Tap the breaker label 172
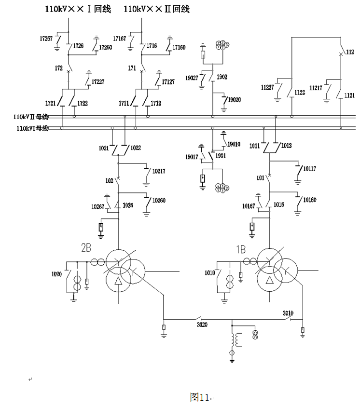(59, 68)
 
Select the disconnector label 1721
(51, 104)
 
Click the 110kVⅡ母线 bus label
(32, 117)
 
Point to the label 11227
(267, 87)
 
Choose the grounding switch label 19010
(234, 144)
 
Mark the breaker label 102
(109, 181)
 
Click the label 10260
(158, 200)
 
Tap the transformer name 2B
(86, 249)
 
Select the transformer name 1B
(240, 249)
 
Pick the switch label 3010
(288, 313)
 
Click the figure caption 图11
(199, 397)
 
